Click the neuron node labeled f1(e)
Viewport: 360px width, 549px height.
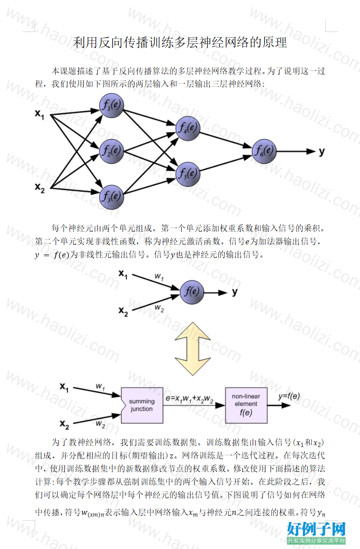point(112,106)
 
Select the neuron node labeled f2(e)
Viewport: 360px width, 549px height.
point(112,151)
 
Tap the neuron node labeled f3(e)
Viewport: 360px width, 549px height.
point(112,197)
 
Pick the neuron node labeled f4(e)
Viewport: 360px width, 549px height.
point(188,128)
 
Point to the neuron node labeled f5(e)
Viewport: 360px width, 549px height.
point(188,174)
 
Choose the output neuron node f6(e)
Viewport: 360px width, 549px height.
point(265,151)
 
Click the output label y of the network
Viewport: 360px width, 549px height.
point(322,152)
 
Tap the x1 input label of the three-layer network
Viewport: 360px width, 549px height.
point(39,114)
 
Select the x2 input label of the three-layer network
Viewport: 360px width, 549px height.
point(39,188)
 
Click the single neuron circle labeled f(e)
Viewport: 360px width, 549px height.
point(192,292)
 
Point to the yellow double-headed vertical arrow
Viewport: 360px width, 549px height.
point(193,348)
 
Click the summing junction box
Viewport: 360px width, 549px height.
point(142,405)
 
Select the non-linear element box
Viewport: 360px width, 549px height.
point(246,405)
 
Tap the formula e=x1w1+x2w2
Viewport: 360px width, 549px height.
point(189,399)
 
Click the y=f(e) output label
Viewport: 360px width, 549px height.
point(289,396)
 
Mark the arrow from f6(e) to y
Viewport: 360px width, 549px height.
point(296,151)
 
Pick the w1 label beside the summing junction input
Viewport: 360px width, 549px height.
point(100,387)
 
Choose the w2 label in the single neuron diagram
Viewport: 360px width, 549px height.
point(159,308)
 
